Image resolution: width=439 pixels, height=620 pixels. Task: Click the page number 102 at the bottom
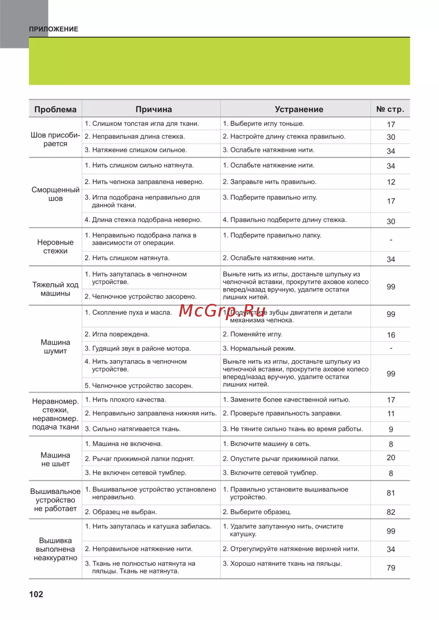(x=36, y=594)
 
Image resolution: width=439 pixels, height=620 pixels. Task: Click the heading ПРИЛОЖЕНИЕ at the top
(x=54, y=29)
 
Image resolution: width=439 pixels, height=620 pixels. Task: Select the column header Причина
(x=154, y=109)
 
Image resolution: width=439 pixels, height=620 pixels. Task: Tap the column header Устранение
(x=299, y=109)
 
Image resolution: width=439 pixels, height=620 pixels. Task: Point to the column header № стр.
(x=390, y=109)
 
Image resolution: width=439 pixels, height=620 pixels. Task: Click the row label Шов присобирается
(x=55, y=139)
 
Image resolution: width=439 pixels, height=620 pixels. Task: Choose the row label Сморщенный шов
(x=55, y=194)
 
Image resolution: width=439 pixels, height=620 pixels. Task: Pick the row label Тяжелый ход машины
(x=55, y=289)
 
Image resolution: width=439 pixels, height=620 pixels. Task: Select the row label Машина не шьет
(x=55, y=459)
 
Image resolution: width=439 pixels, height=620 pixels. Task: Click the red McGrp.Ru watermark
(x=223, y=311)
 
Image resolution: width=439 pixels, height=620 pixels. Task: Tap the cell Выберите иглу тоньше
(x=263, y=124)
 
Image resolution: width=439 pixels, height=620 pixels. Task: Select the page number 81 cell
(x=391, y=493)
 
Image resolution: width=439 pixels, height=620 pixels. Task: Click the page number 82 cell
(x=391, y=512)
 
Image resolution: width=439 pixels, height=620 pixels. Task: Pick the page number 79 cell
(x=391, y=568)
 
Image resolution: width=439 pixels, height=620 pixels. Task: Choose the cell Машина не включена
(x=124, y=444)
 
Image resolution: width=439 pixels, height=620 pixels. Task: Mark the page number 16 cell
(x=391, y=335)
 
